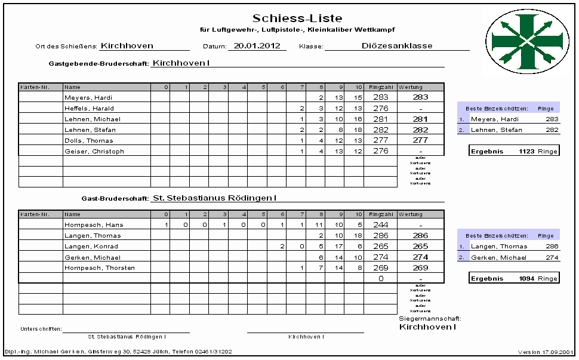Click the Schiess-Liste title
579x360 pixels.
click(297, 19)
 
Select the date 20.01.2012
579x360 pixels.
click(257, 45)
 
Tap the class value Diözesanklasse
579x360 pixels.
click(397, 45)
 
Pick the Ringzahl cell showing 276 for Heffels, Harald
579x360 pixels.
click(380, 108)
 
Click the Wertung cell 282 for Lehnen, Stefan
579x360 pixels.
click(420, 130)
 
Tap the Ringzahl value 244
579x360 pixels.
click(380, 225)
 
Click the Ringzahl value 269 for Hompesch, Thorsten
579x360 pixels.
click(380, 268)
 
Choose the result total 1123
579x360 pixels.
click(526, 151)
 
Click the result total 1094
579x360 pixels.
click(526, 279)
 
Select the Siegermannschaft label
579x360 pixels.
click(430, 319)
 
